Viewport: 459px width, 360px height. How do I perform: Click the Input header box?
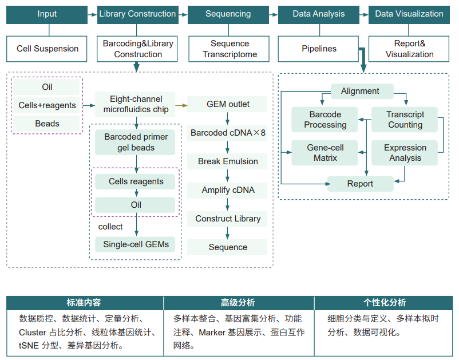(x=47, y=14)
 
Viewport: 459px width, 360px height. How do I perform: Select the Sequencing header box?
(x=228, y=14)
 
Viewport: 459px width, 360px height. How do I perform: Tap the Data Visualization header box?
(x=409, y=14)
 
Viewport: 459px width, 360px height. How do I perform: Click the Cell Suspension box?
(x=47, y=49)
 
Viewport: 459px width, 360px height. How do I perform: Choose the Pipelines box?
(x=319, y=49)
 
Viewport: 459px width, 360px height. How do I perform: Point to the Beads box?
(x=47, y=123)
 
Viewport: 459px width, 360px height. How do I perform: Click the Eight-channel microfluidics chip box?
(x=136, y=104)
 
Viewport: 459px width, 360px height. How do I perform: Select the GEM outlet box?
(x=228, y=104)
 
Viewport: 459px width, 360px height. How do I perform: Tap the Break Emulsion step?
(x=228, y=161)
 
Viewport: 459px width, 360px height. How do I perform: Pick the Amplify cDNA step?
(x=228, y=190)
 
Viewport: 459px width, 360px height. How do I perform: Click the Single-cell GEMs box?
(x=136, y=244)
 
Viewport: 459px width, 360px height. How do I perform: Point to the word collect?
(x=110, y=227)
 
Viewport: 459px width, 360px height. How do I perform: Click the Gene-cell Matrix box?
(x=325, y=153)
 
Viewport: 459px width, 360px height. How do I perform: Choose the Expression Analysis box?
(x=405, y=153)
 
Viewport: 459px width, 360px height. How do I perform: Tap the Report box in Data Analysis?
(x=360, y=184)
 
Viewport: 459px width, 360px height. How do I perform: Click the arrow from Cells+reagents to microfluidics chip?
(x=88, y=105)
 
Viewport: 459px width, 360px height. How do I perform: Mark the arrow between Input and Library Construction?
(x=92, y=14)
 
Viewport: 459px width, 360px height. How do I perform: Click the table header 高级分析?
(x=238, y=303)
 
